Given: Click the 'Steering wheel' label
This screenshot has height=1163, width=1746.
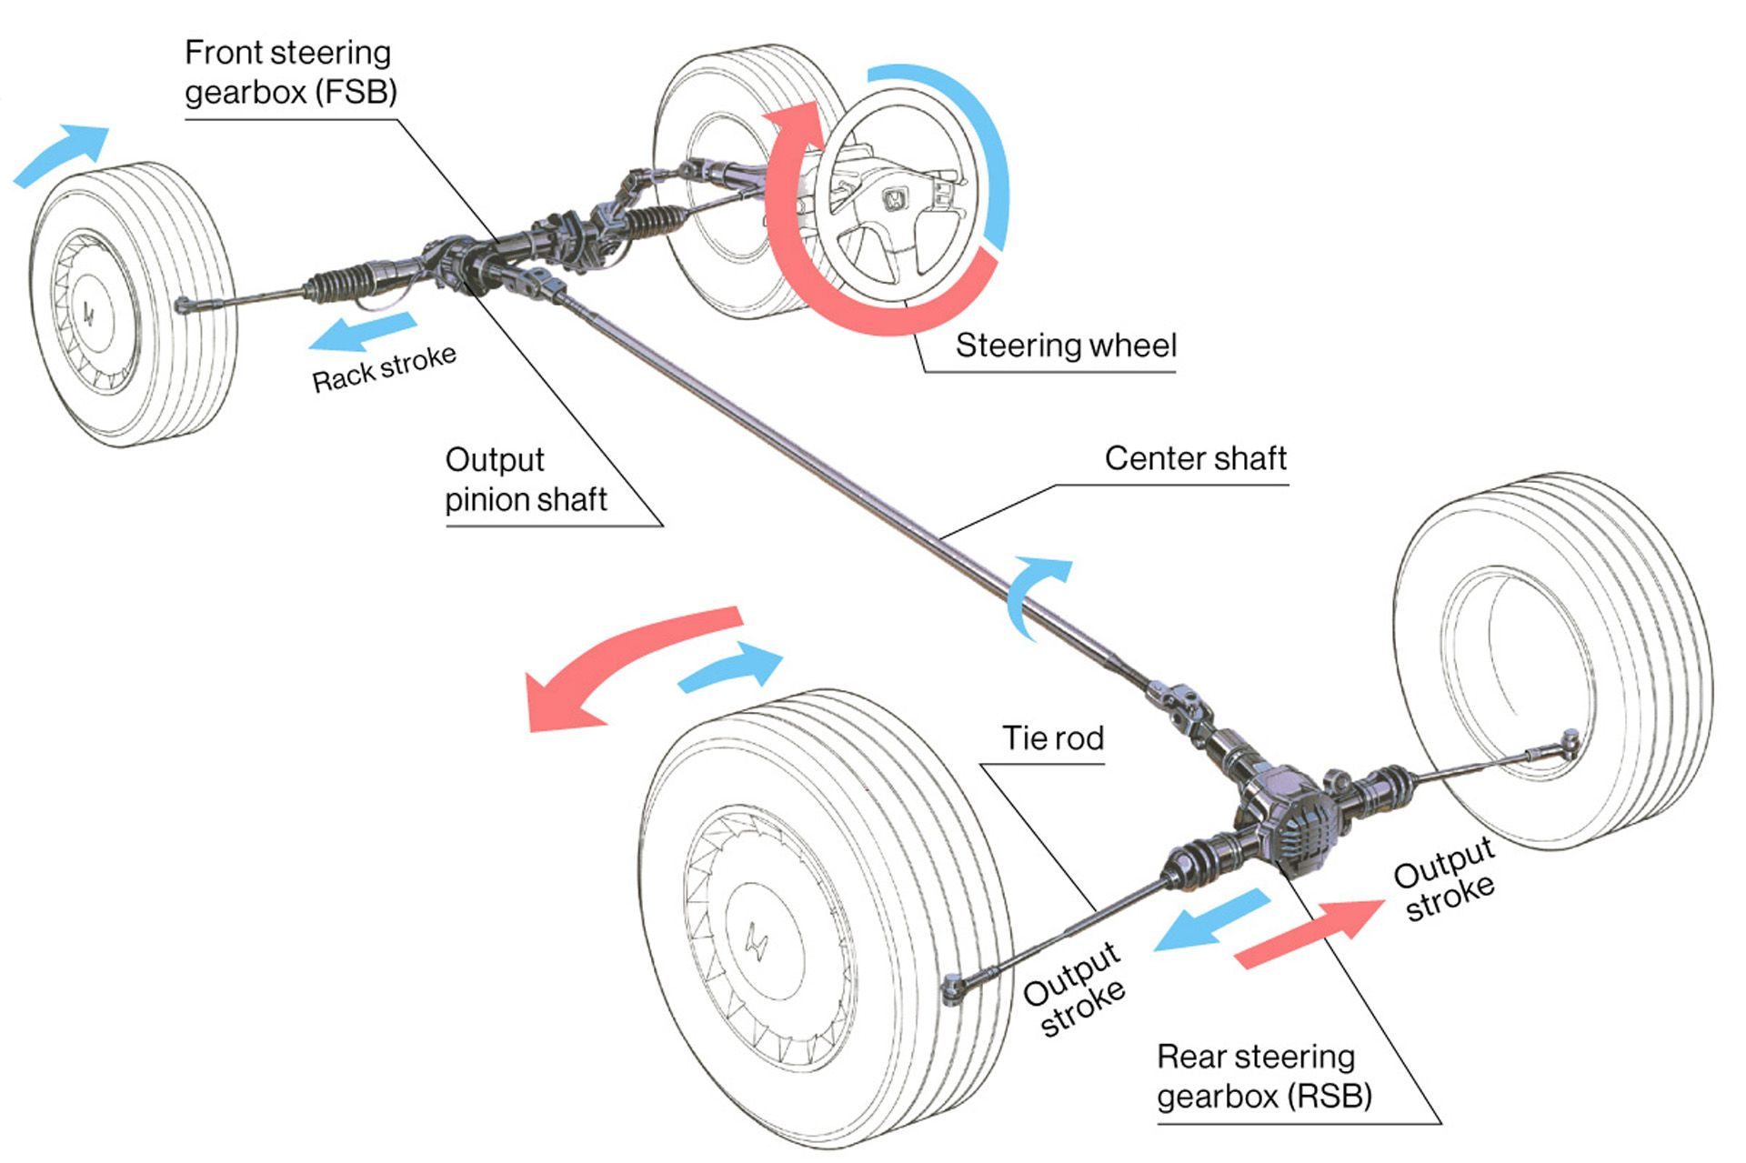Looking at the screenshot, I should click(1065, 346).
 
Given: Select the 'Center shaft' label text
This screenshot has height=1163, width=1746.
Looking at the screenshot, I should click(1195, 459).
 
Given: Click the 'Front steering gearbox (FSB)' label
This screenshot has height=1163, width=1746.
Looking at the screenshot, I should click(289, 73).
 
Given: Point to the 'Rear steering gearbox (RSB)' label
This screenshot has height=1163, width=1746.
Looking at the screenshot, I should click(1263, 1077).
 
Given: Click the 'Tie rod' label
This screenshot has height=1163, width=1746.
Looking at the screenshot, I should click(1052, 738).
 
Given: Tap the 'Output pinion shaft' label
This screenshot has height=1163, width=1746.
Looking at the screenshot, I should click(525, 480).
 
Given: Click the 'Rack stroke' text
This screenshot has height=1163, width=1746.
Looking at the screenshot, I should click(384, 368).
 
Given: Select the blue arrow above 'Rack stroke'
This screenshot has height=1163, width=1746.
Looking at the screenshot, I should click(362, 332).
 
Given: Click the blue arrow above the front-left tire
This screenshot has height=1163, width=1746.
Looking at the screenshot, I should click(62, 155).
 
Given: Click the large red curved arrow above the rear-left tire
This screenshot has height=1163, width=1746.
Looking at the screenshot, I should click(618, 664).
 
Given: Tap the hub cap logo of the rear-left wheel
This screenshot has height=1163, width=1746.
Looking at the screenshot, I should click(756, 941).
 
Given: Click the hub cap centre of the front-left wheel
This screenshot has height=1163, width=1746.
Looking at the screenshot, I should click(89, 315).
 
